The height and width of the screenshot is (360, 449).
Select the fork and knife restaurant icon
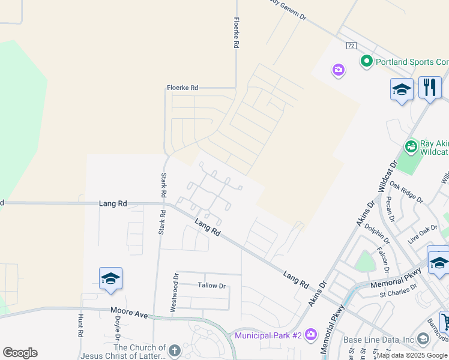point(430,88)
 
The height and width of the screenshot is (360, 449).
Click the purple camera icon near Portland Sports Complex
point(339,71)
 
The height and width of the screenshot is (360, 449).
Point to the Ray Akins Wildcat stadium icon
point(411,146)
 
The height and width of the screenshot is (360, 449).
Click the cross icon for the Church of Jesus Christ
point(174,350)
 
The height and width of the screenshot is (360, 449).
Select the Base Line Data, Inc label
point(378,340)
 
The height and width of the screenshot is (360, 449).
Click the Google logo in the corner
point(20,352)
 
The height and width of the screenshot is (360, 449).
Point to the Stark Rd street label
point(163,186)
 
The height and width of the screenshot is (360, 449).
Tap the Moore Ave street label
point(129,313)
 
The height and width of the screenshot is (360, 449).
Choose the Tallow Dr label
point(211,286)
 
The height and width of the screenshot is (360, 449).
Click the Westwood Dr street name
point(174,293)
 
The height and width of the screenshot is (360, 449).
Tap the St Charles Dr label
point(398,290)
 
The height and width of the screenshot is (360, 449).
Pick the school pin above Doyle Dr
point(110,278)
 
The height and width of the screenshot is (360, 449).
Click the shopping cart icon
point(445,322)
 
